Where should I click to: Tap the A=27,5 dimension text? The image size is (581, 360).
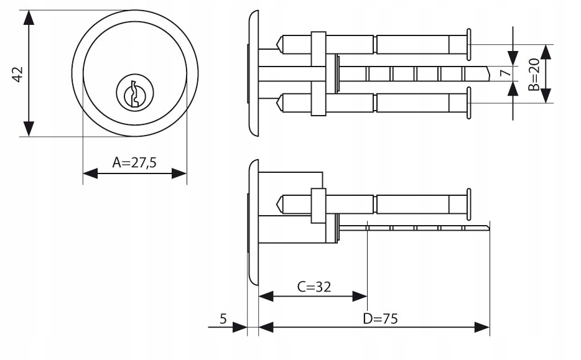pos(134,163)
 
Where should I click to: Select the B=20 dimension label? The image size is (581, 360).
pos(534,75)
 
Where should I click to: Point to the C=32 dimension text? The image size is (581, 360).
pos(313,287)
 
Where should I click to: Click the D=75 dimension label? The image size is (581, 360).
pos(380,319)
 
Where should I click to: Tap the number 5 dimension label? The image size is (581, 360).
pos(223,319)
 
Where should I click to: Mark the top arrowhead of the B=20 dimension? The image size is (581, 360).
pos(546,51)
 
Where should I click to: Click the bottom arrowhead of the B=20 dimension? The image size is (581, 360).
pos(546,96)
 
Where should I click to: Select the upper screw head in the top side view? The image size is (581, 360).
pos(468,44)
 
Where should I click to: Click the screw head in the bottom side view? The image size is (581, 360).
pos(468,203)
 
